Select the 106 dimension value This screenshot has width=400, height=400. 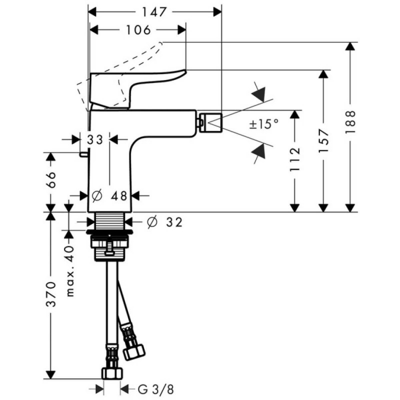point(138,30)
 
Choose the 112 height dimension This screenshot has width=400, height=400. point(295,158)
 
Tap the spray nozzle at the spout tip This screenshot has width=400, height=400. point(209,120)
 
